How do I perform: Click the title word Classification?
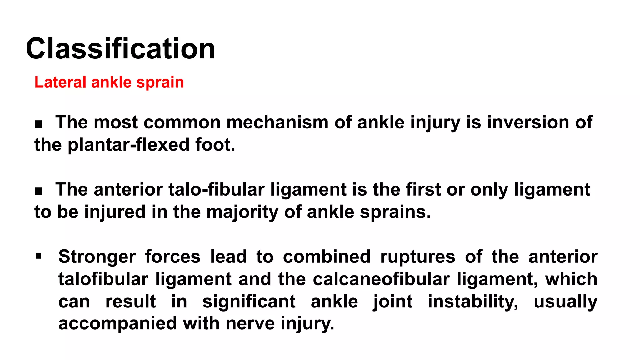(121, 49)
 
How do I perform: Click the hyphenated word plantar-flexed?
(128, 145)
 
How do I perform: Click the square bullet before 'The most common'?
(38, 124)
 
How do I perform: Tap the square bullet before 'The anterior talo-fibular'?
(38, 191)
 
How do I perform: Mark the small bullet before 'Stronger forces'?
(38, 257)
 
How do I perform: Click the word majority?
(242, 212)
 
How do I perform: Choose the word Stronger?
(97, 257)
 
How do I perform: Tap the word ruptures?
(417, 257)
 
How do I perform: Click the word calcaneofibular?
(381, 279)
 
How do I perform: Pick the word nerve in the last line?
(250, 323)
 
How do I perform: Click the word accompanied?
(117, 323)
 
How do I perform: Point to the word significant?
(249, 302)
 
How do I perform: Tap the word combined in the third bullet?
(327, 257)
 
